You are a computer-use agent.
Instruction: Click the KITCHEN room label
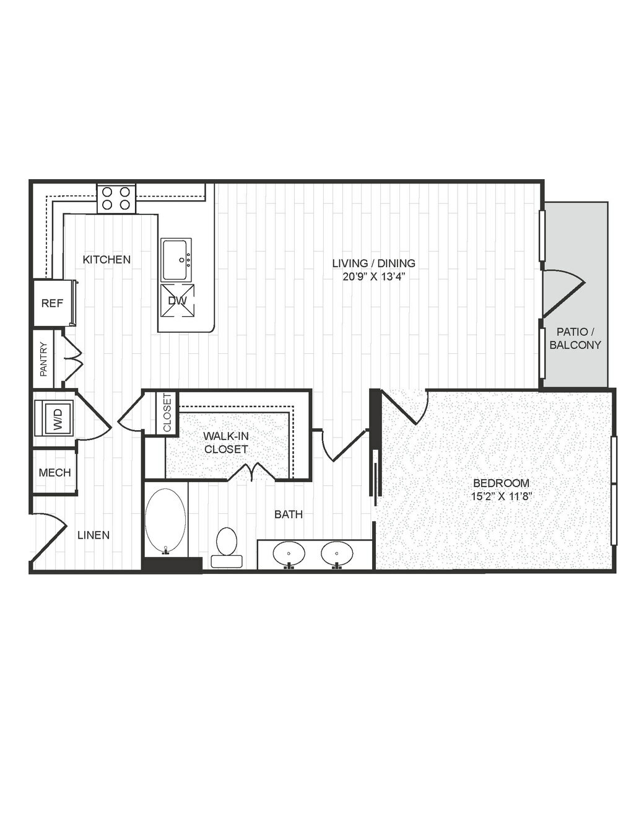pyautogui.click(x=106, y=260)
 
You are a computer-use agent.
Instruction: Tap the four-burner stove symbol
pyautogui.click(x=116, y=198)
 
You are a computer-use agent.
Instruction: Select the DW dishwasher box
pyautogui.click(x=177, y=301)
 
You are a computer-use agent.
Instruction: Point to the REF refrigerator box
pyautogui.click(x=52, y=303)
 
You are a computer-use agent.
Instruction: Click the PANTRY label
pyautogui.click(x=44, y=359)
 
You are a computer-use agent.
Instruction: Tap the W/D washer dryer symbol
pyautogui.click(x=54, y=417)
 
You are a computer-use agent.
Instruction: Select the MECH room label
pyautogui.click(x=55, y=472)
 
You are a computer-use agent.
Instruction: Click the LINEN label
pyautogui.click(x=93, y=535)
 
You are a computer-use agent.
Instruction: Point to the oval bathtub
pyautogui.click(x=166, y=521)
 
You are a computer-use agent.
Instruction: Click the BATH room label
pyautogui.click(x=289, y=514)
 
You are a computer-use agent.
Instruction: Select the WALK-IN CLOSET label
pyautogui.click(x=226, y=442)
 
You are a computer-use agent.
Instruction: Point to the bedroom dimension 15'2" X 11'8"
pyautogui.click(x=501, y=496)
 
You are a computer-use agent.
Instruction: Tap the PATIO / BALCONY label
pyautogui.click(x=575, y=338)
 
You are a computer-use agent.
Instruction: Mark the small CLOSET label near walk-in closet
pyautogui.click(x=167, y=413)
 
